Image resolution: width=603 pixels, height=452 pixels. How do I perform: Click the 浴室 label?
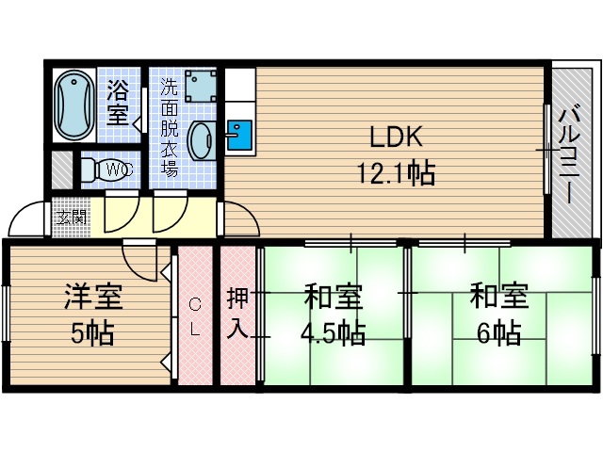tap(118, 103)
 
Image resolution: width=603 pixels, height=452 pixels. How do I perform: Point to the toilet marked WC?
tap(100, 170)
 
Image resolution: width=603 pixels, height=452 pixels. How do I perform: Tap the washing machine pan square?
tap(199, 86)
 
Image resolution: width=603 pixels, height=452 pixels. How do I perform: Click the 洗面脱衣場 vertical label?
tap(169, 127)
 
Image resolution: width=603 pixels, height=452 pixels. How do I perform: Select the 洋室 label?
tap(92, 299)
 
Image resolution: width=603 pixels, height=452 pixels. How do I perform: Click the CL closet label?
tap(194, 316)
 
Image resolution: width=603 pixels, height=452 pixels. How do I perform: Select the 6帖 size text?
tap(496, 332)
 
